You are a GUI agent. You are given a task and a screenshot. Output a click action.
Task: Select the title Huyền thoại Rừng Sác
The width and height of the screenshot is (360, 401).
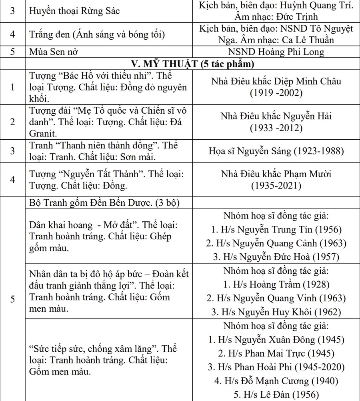click(x=74, y=11)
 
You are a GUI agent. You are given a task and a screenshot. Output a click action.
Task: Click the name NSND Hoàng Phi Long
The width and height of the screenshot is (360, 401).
click(x=276, y=52)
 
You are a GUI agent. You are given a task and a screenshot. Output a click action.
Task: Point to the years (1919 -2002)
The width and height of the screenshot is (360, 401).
click(x=276, y=93)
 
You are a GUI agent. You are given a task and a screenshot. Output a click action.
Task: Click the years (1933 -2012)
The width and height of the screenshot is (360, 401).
click(x=276, y=128)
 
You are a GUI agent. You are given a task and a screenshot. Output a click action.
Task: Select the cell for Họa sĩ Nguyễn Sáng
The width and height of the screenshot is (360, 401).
click(x=276, y=151)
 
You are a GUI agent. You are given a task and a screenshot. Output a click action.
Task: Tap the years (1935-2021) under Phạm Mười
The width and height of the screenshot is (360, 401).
click(x=276, y=186)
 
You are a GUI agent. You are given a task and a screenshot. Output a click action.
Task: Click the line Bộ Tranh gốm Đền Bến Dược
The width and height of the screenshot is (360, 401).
click(x=103, y=203)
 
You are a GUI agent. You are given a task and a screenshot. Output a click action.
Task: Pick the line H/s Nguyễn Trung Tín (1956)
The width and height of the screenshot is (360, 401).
click(x=276, y=230)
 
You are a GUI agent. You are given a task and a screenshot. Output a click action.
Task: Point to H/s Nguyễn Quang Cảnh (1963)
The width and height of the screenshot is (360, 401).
click(x=276, y=243)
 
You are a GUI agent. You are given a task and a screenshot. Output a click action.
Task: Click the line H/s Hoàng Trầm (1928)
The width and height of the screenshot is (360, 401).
click(x=276, y=285)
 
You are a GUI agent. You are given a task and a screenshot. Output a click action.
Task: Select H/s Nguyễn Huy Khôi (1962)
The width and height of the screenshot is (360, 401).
click(x=276, y=312)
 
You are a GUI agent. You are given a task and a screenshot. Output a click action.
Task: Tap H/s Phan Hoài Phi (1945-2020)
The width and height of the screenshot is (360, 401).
click(x=276, y=367)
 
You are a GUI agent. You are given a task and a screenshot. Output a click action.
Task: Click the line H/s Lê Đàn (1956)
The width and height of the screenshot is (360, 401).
click(x=276, y=395)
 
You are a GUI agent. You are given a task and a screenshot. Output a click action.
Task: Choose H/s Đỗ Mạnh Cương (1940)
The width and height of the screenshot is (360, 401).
click(x=276, y=381)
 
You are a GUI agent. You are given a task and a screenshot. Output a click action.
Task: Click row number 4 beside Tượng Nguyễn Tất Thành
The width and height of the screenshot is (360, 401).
click(x=13, y=180)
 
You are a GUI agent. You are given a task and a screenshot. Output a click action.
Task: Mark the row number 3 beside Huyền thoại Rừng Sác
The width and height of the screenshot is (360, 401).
click(x=13, y=11)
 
